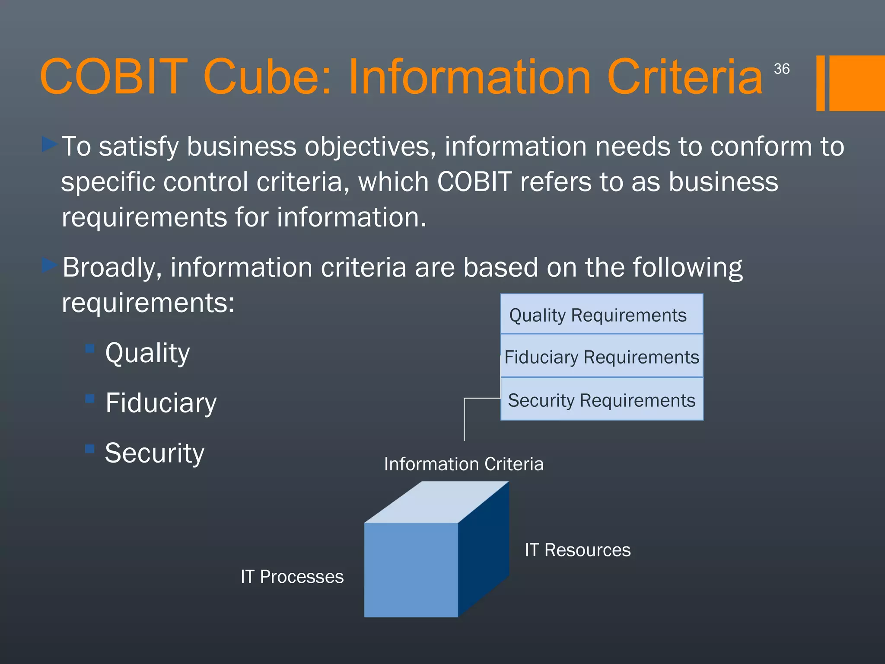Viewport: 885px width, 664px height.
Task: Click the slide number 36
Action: pos(781,69)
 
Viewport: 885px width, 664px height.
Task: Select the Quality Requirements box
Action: pos(602,314)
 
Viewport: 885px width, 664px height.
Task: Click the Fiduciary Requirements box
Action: pos(602,357)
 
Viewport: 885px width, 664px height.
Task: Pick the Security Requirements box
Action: pos(602,400)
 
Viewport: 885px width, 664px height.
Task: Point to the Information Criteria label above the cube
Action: pos(464,464)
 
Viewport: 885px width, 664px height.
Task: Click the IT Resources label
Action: pos(577,550)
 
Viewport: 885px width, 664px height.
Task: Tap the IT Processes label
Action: pos(292,577)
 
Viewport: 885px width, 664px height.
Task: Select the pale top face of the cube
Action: pos(436,502)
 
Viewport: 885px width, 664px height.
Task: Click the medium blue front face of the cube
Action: pos(411,570)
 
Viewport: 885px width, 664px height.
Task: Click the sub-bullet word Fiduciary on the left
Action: pos(161,403)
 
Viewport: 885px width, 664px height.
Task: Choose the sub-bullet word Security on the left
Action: pos(154,453)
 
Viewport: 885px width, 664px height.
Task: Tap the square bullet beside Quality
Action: pos(90,348)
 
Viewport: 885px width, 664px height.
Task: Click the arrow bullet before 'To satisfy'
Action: pos(50,144)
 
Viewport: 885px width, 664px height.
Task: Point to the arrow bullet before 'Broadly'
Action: pos(50,265)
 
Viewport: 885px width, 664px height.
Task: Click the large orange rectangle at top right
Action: pos(856,83)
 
